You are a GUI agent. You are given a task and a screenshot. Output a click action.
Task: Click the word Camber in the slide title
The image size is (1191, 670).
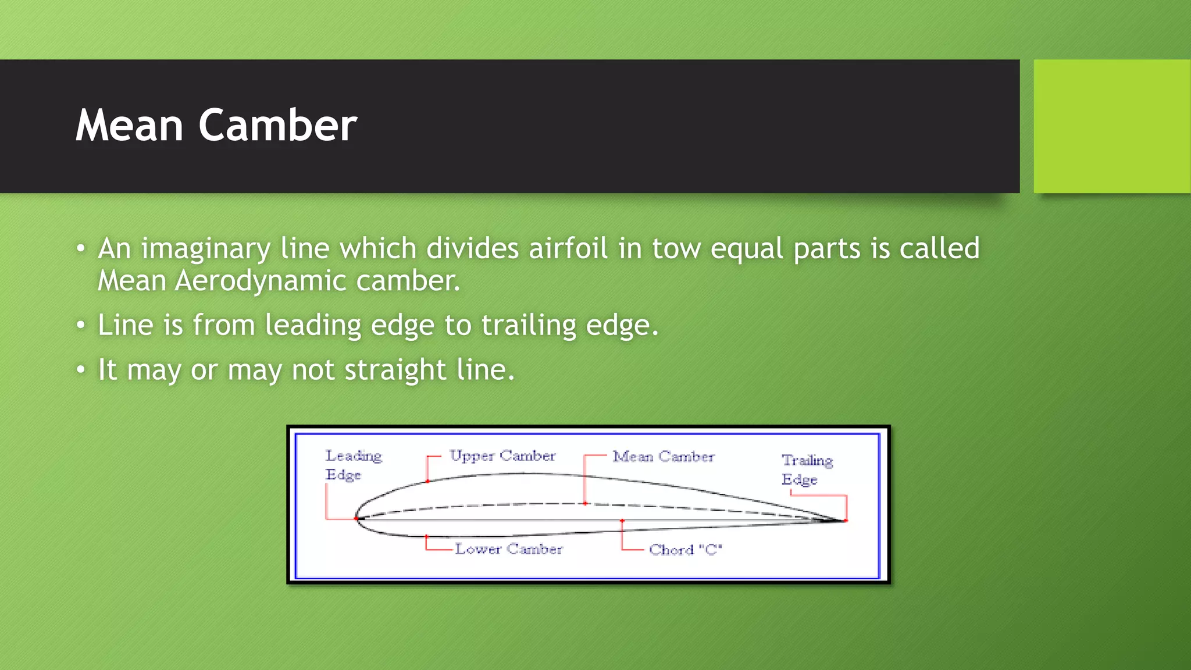click(x=277, y=126)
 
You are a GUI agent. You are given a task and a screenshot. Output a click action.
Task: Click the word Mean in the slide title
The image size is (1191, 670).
click(x=130, y=126)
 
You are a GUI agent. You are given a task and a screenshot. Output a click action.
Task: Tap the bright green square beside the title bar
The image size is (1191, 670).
click(x=1111, y=126)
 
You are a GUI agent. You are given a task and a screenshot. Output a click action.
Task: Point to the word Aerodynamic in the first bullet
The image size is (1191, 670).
click(x=261, y=281)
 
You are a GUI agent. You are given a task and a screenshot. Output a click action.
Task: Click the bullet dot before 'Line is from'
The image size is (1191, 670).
click(x=81, y=325)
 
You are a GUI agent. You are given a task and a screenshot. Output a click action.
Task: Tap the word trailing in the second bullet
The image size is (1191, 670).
click(x=528, y=325)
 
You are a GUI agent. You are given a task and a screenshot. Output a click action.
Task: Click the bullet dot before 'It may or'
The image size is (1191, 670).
click(x=81, y=370)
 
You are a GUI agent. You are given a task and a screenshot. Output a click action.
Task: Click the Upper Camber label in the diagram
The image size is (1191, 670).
click(x=502, y=456)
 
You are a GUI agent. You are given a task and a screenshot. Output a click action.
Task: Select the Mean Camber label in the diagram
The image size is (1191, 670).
click(x=663, y=457)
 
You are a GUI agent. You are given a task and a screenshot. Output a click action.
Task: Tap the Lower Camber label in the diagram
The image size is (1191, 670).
click(x=508, y=549)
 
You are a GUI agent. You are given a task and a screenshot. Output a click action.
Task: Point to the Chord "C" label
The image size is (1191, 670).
click(x=685, y=550)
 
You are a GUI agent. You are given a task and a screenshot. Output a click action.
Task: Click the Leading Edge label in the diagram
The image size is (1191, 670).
click(x=353, y=465)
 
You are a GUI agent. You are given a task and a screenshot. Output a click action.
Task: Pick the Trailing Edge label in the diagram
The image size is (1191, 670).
click(x=807, y=469)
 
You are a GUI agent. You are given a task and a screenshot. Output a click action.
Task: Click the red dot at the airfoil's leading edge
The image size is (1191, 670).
click(x=356, y=518)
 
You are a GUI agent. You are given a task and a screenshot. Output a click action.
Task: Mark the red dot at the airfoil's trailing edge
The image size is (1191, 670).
click(x=846, y=521)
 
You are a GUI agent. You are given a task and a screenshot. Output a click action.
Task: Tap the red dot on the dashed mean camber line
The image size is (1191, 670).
click(x=585, y=504)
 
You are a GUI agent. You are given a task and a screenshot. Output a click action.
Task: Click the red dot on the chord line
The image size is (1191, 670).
click(x=622, y=521)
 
